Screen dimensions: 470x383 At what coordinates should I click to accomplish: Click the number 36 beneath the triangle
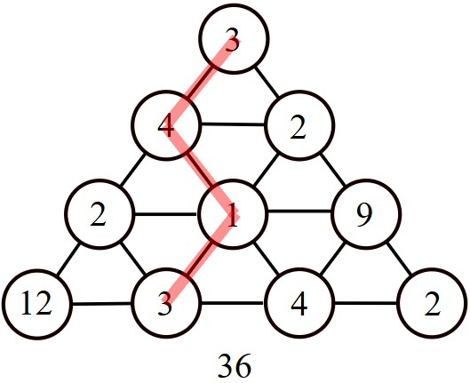click(234, 365)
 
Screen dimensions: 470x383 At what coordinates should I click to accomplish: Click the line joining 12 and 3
click(101, 304)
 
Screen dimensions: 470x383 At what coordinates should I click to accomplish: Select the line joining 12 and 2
click(68, 259)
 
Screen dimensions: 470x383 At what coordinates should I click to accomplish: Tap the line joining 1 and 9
click(299, 211)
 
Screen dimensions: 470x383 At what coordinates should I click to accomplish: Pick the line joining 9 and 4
click(332, 259)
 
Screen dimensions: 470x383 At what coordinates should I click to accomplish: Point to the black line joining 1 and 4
click(267, 259)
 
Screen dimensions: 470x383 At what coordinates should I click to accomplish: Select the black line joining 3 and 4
click(233, 303)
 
